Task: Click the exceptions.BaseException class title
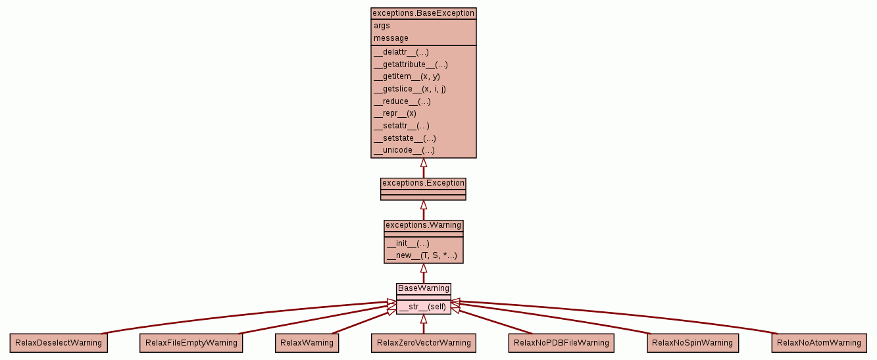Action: coord(423,13)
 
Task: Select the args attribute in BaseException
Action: coord(382,26)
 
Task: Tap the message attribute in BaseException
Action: coord(391,38)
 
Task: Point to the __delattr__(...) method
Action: coord(401,52)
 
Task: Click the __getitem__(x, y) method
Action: coord(407,76)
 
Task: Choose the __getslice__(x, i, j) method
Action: coord(409,89)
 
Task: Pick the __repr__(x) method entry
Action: coord(395,113)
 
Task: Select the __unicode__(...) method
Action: coord(404,150)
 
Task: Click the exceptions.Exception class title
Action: coord(423,183)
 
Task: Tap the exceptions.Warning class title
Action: coord(423,226)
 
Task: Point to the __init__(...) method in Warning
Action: coord(408,244)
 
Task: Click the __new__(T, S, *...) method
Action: coord(421,255)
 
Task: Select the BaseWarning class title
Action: coord(424,288)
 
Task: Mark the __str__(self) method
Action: coord(422,307)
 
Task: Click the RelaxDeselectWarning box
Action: coord(59,343)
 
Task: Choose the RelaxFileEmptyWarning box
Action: coord(191,343)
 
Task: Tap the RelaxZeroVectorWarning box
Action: coord(423,343)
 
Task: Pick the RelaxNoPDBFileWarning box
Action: coord(561,343)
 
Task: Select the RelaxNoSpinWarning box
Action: coord(692,343)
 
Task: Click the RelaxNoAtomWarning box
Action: coord(818,343)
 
